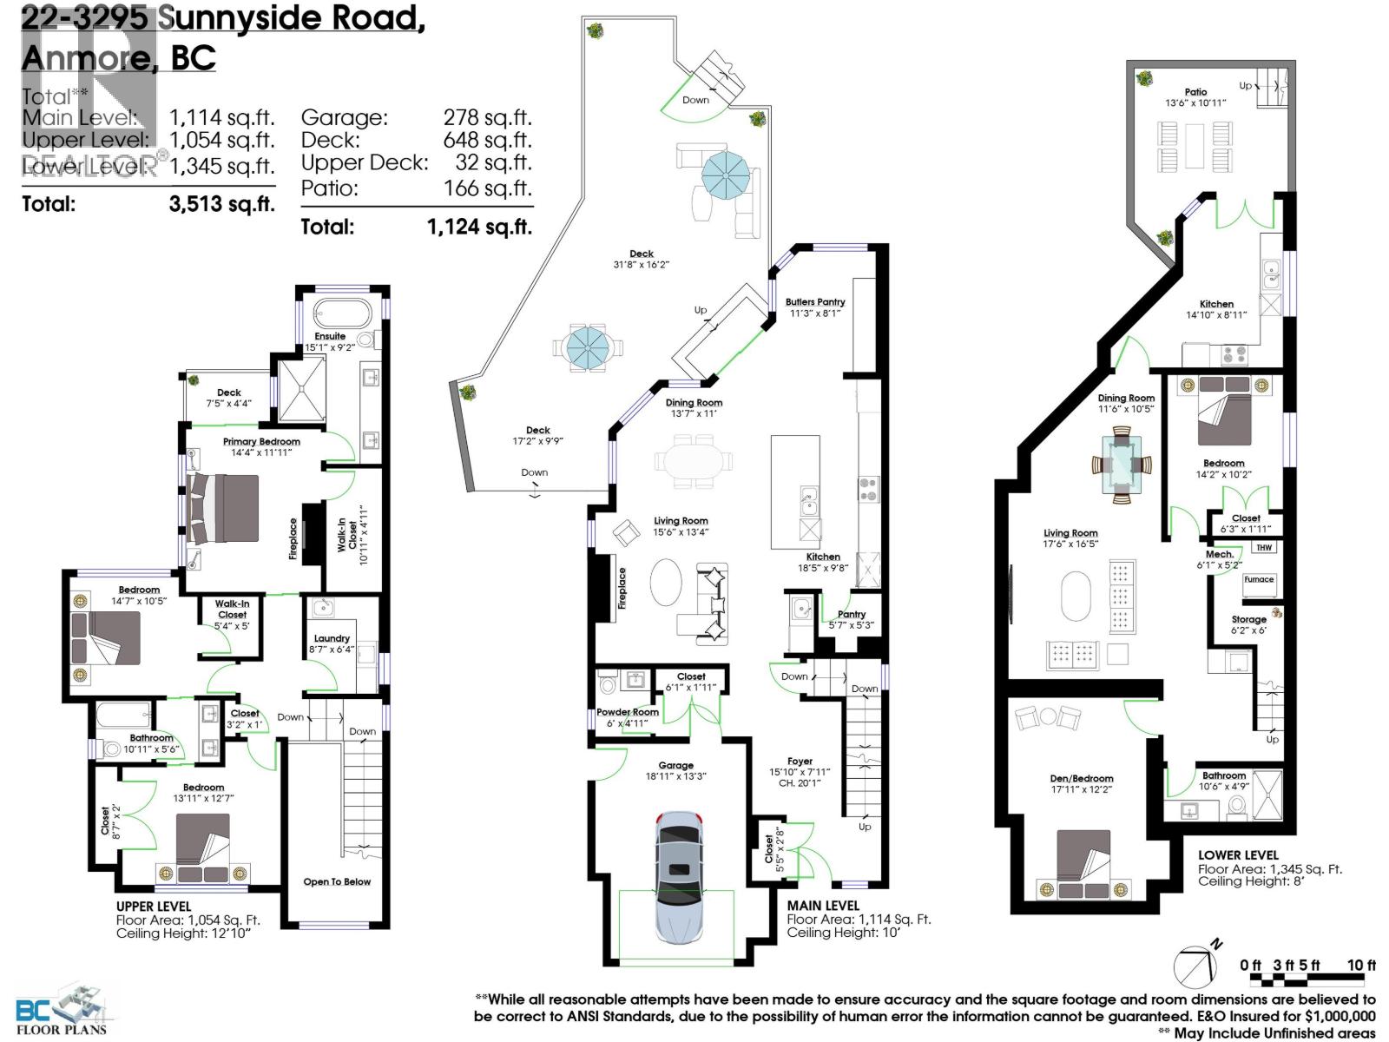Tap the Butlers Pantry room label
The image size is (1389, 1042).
[814, 302]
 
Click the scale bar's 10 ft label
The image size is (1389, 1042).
[1360, 965]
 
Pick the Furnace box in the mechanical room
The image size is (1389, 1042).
[1258, 580]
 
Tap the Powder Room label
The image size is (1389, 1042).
[627, 712]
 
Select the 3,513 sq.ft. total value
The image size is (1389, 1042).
[221, 204]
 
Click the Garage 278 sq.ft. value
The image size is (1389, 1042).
[487, 117]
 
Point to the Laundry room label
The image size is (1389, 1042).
[332, 638]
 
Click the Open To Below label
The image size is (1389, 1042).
[337, 881]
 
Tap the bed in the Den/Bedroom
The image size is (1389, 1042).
[1083, 861]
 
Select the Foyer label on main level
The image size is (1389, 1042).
[800, 762]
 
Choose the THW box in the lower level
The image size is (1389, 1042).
[1263, 548]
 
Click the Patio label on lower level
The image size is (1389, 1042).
[1195, 92]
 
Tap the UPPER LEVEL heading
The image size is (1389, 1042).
[153, 906]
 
